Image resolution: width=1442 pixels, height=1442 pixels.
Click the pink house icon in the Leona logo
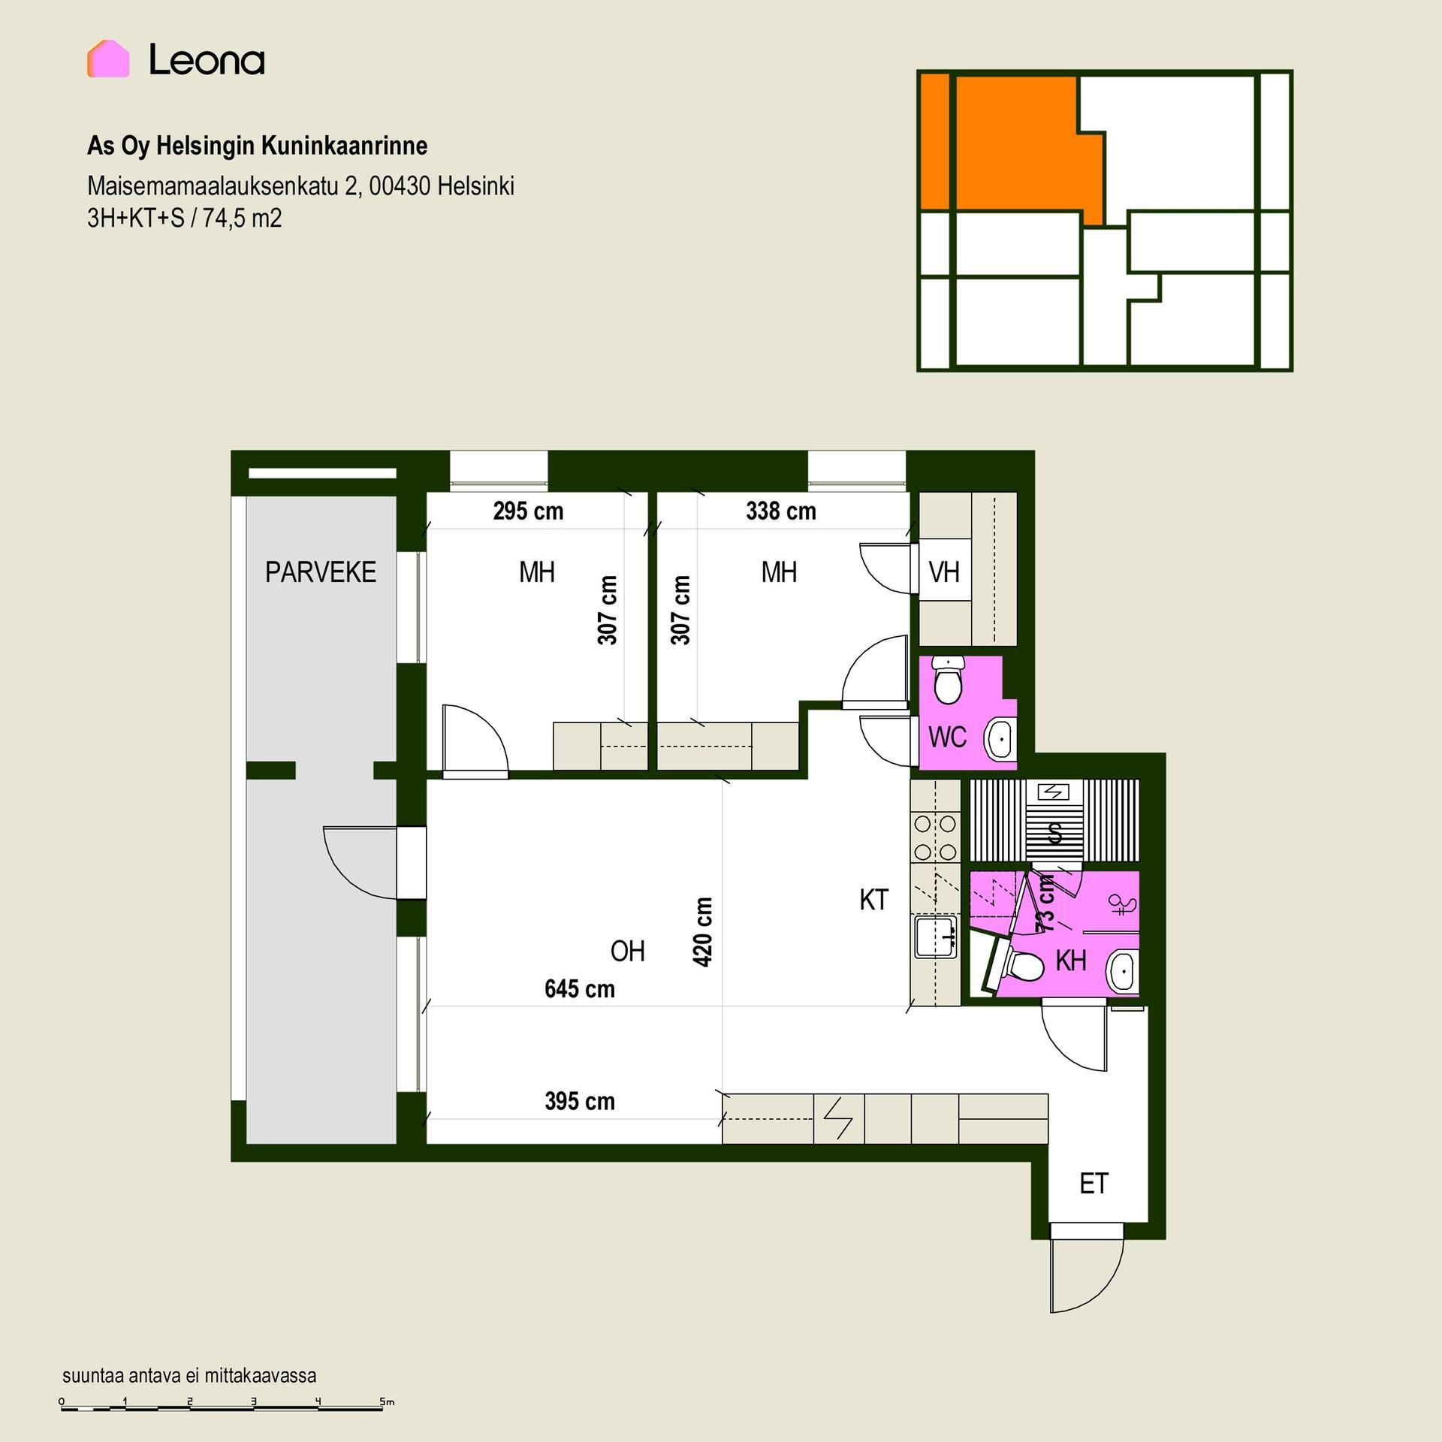[108, 59]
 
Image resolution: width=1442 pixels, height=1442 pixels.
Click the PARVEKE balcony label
[321, 572]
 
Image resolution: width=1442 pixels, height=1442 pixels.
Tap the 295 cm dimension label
[528, 511]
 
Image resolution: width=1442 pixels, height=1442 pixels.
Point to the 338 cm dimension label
[781, 511]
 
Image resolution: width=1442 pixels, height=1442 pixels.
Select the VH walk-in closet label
[944, 572]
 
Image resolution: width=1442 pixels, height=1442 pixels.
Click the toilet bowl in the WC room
[948, 680]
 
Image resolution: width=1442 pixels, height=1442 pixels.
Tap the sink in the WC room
[1000, 739]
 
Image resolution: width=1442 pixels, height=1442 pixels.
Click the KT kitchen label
[873, 900]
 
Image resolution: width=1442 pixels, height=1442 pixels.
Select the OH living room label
[628, 952]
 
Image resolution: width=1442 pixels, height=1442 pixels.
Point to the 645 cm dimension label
[580, 989]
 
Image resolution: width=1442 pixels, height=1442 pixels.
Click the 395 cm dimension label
[580, 1102]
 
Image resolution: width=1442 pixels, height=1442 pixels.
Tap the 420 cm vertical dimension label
[702, 932]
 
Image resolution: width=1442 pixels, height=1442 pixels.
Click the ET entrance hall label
[1094, 1184]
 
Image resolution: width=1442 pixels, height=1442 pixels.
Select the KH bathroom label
[1071, 961]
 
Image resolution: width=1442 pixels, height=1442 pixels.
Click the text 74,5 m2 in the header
[242, 219]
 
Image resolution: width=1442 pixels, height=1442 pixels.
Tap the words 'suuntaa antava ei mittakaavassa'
[189, 1375]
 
